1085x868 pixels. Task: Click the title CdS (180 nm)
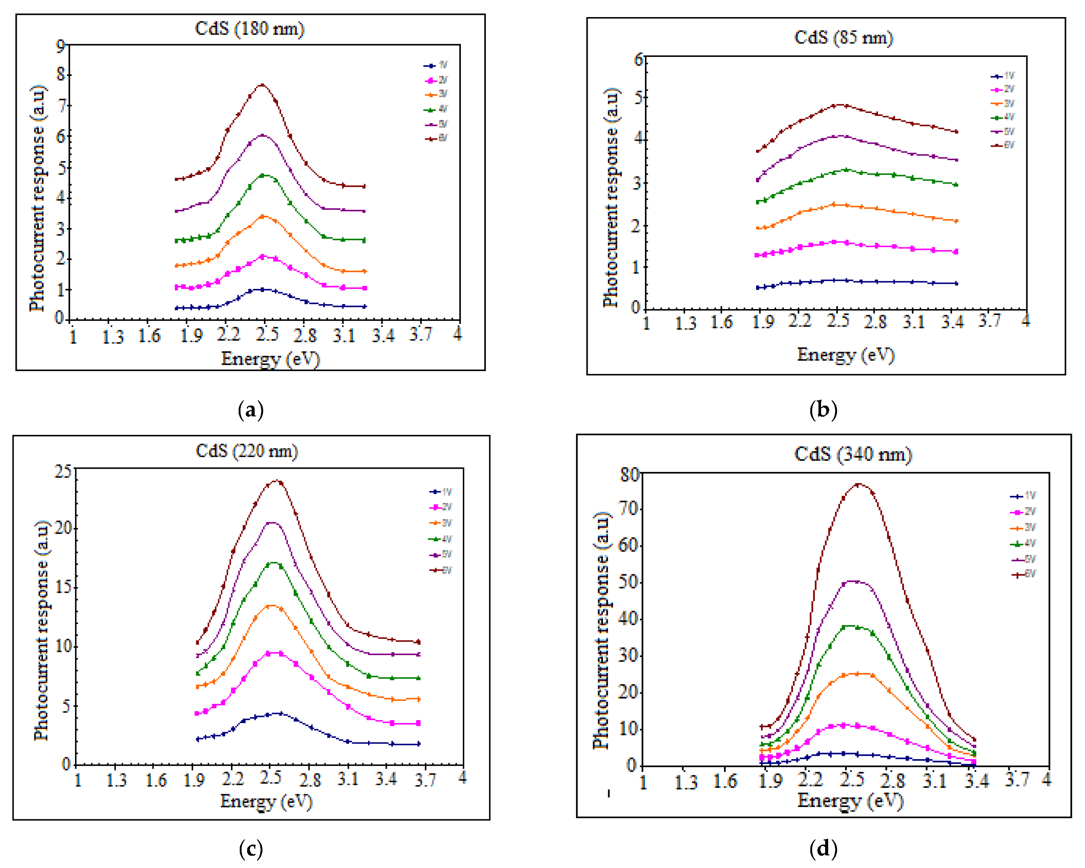(250, 29)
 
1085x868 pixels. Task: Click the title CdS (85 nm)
(843, 38)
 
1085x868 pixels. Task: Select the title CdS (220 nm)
(246, 451)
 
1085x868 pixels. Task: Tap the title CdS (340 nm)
(853, 455)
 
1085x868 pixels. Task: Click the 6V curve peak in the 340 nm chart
(858, 484)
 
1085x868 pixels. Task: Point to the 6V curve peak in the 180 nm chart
(262, 85)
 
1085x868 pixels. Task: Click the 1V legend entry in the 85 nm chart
(1002, 76)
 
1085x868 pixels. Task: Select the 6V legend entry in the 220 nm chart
(441, 570)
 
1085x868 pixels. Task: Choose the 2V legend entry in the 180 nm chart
(436, 80)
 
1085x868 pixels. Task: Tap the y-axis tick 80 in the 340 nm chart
(630, 475)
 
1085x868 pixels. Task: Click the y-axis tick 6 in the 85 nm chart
(638, 60)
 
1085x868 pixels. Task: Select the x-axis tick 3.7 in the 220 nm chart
(425, 780)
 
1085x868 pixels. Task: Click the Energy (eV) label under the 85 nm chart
(846, 355)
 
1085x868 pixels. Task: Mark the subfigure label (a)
(251, 410)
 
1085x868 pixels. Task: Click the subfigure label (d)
(823, 849)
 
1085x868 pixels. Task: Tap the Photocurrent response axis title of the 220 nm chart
(41, 631)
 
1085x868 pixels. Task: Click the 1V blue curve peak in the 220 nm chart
(279, 713)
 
